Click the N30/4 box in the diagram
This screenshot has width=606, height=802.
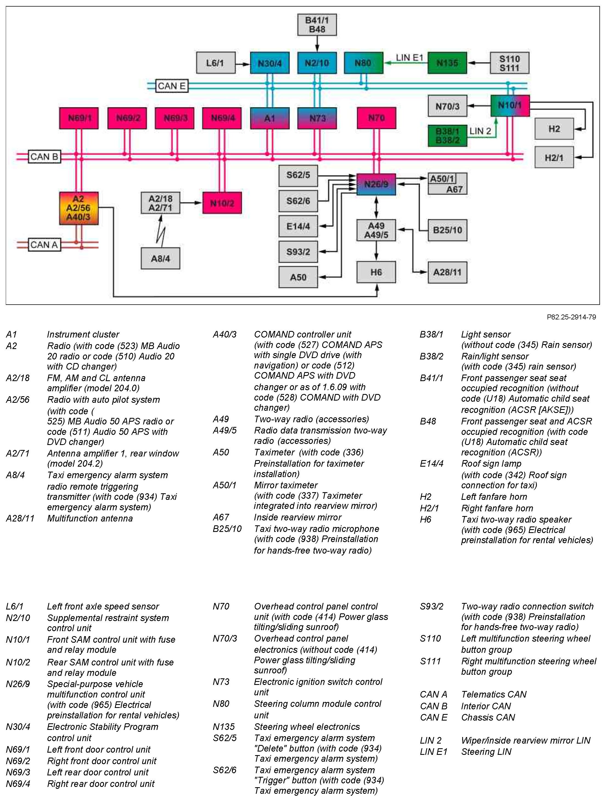[269, 63]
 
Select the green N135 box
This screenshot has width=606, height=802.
[447, 63]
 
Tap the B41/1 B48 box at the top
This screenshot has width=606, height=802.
[317, 25]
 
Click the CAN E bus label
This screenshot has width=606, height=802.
[172, 86]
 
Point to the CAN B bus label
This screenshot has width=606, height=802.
[44, 157]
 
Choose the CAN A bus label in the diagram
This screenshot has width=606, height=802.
[44, 245]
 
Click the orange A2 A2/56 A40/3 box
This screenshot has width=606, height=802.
[79, 208]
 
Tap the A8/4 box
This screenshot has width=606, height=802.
[160, 259]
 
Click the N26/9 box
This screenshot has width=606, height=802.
[376, 184]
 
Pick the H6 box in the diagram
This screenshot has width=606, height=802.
[376, 272]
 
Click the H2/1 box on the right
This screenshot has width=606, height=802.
[554, 157]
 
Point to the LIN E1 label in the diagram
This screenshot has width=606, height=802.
[409, 58]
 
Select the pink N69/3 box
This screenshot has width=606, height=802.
[175, 118]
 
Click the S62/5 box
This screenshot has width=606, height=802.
[298, 175]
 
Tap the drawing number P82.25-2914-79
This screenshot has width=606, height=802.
[571, 317]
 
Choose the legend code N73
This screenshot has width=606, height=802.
[221, 682]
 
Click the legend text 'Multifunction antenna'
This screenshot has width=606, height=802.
[90, 518]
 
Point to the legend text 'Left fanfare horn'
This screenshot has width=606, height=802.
[494, 497]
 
